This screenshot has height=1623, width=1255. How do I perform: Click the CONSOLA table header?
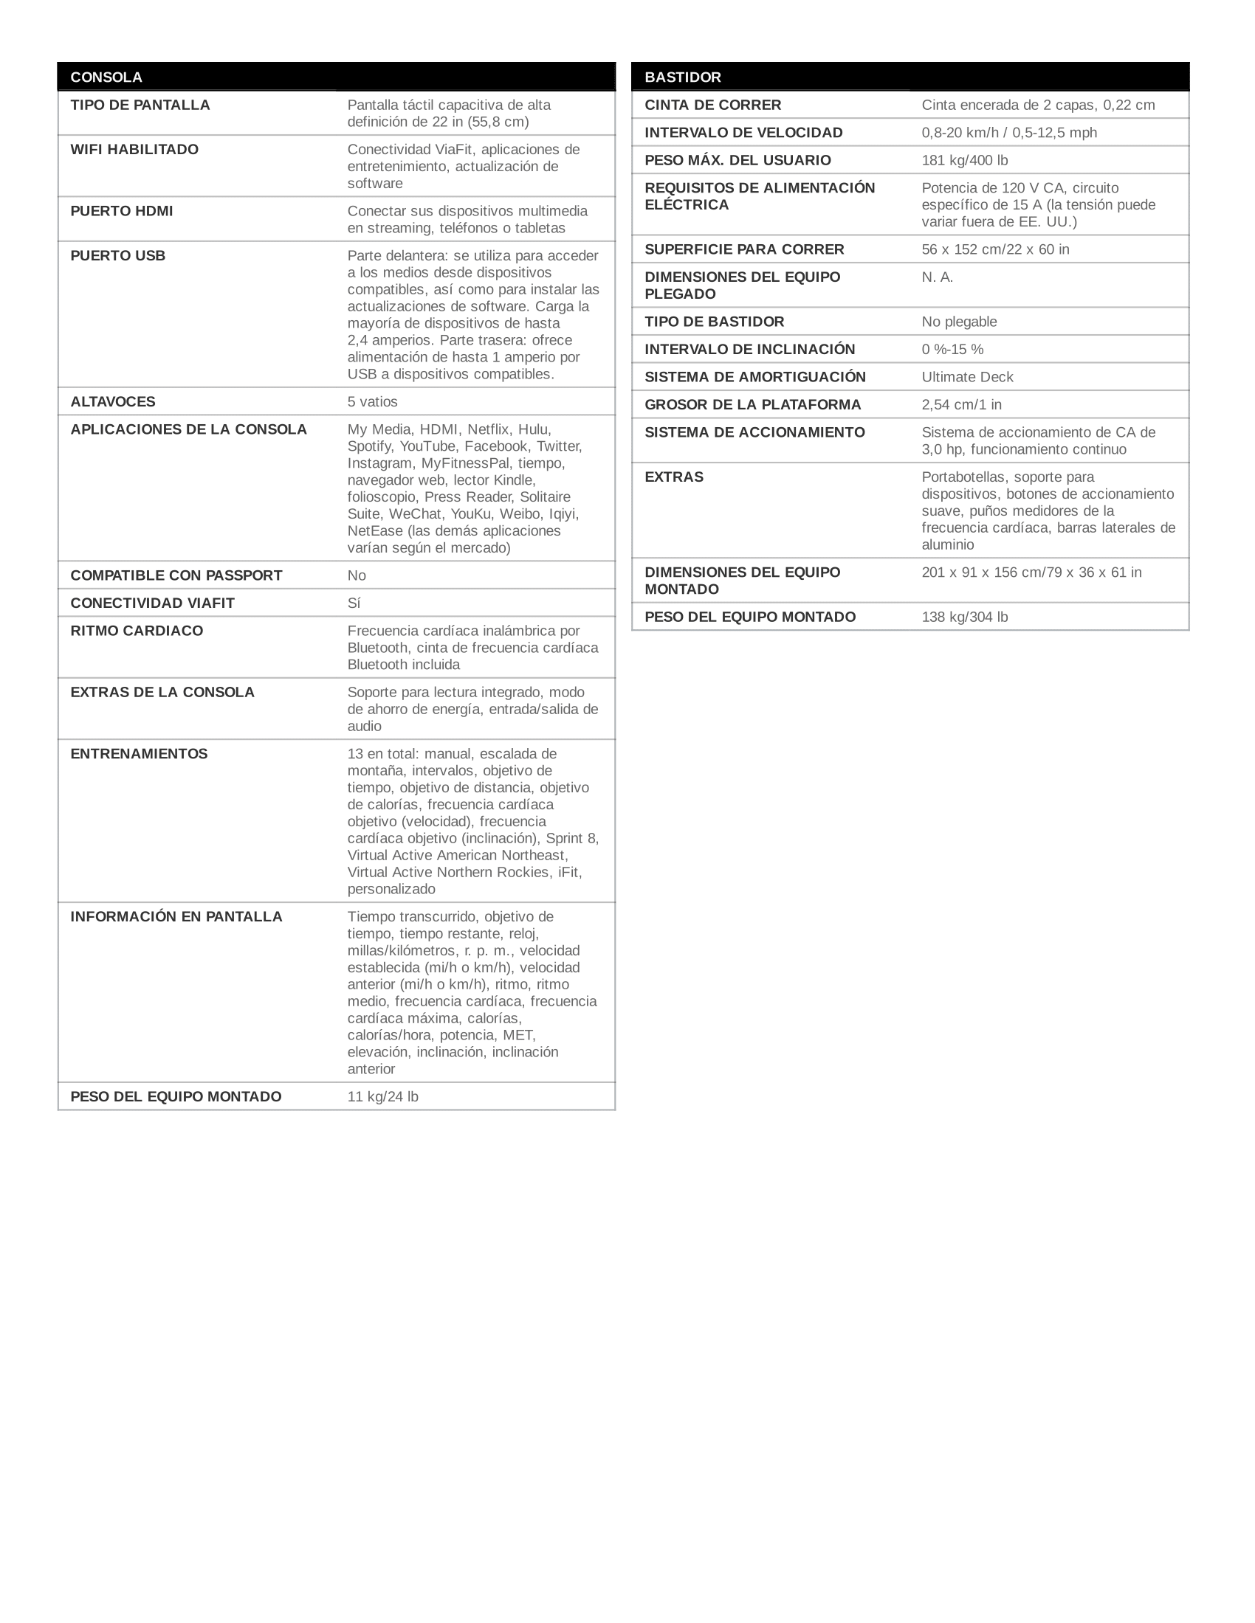pos(106,77)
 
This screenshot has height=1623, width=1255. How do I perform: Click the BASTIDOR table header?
pos(683,77)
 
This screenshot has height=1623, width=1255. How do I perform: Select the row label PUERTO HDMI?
pos(121,211)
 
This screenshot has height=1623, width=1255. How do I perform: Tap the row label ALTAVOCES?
pos(113,402)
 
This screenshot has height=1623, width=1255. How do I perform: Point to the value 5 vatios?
pos(373,402)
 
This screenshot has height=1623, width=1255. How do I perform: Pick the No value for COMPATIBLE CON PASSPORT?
pos(357,576)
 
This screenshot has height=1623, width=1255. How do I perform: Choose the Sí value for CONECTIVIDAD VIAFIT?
pos(354,603)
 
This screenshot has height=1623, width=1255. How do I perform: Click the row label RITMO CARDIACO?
pos(137,631)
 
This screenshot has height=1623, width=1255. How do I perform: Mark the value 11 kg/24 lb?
pos(383,1097)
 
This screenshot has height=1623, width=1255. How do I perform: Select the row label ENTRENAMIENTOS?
pos(139,754)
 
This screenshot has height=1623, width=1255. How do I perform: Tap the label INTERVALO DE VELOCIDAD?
pos(743,133)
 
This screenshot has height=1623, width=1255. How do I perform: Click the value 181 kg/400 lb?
pos(965,161)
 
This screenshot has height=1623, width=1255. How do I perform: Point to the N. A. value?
pos(938,277)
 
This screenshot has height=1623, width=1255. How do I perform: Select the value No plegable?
pos(959,322)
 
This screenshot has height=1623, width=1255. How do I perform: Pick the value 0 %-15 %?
pos(952,349)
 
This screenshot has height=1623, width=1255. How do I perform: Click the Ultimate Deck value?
pos(967,378)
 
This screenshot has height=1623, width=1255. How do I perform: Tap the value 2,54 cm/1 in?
pos(961,405)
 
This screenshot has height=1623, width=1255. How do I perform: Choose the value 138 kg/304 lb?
pos(965,617)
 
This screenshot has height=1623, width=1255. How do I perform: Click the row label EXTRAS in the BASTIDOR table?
pos(673,477)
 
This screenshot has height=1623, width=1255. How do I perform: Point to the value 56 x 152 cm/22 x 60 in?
pos(996,249)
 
